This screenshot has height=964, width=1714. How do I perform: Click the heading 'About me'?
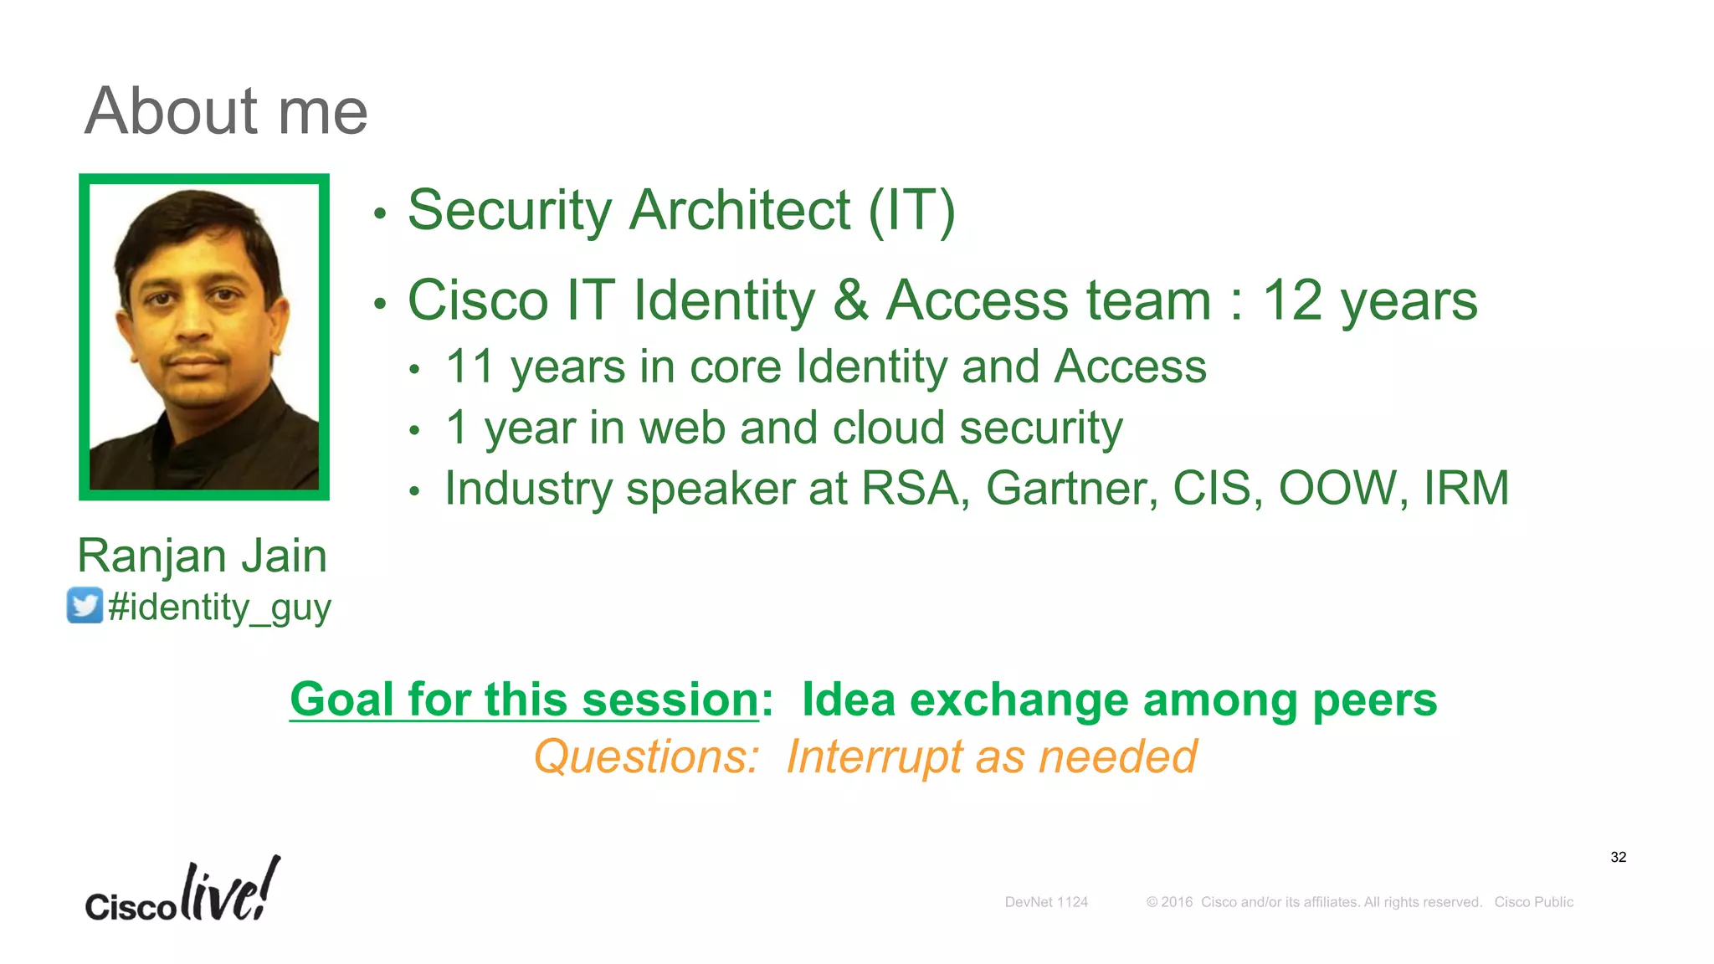point(226,111)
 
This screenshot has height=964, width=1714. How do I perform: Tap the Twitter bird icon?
point(85,605)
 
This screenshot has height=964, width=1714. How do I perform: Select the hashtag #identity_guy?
point(219,608)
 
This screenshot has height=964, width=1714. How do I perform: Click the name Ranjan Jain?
point(202,556)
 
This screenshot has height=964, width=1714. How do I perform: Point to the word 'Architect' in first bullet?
point(740,210)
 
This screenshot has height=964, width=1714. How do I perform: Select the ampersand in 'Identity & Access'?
point(850,300)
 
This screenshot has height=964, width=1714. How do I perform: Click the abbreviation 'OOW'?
point(1338,489)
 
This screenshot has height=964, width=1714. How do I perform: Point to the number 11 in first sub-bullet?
point(470,367)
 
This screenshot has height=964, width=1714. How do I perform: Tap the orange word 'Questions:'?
point(646,757)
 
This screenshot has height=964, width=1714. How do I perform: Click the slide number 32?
point(1618,857)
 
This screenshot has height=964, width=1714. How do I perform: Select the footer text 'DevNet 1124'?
point(1046,902)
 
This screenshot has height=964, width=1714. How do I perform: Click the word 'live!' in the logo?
point(230,891)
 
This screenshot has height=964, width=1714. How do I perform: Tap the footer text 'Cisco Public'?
point(1533,902)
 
